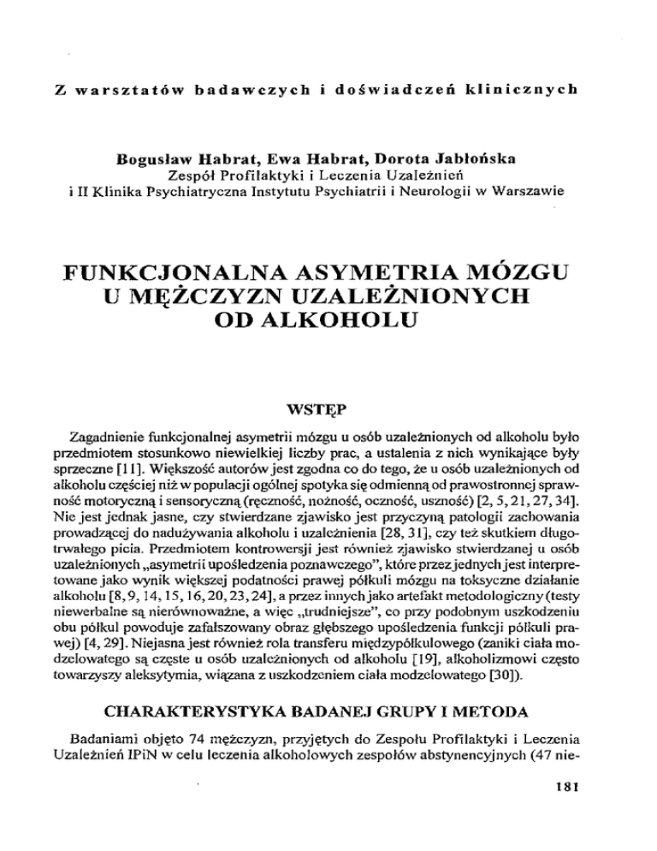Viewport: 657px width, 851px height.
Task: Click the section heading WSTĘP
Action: pyautogui.click(x=328, y=397)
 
